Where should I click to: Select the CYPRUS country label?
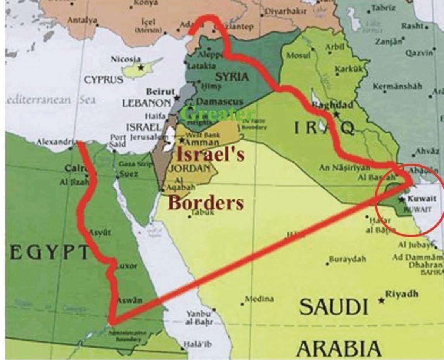[104, 80]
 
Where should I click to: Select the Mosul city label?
[298, 55]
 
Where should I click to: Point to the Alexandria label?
[54, 142]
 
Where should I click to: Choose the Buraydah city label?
[347, 259]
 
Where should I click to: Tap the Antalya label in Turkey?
[82, 21]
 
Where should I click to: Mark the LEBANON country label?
[146, 104]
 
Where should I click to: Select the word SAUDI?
[333, 307]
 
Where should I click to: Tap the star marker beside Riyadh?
[382, 300]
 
